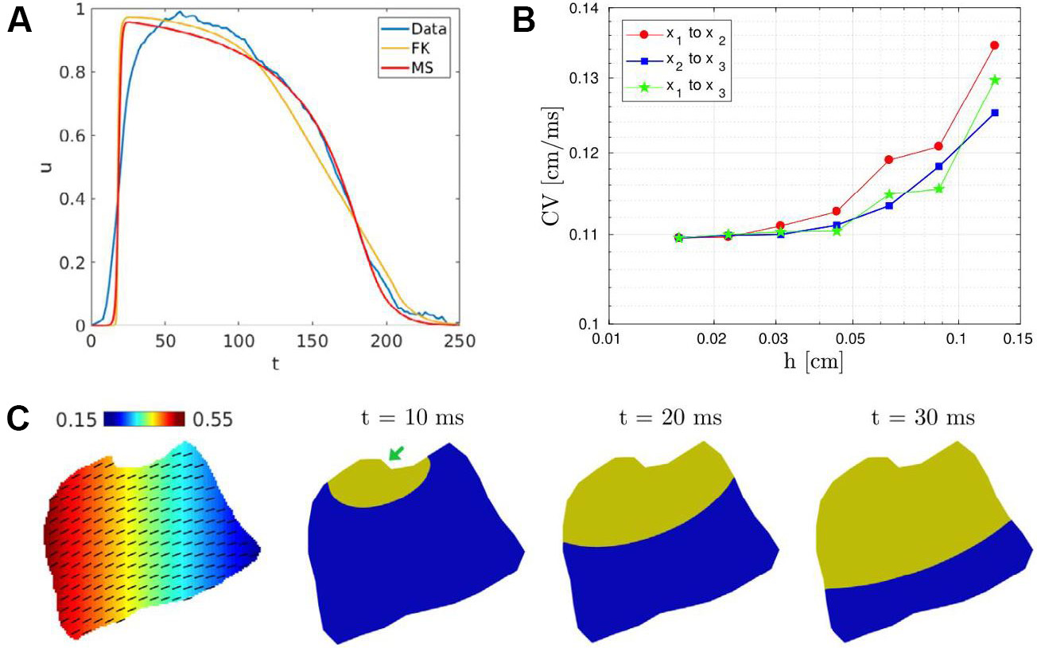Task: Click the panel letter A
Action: click(x=20, y=21)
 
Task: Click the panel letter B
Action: click(x=525, y=21)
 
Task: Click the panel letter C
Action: click(x=20, y=418)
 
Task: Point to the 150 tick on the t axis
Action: click(x=312, y=341)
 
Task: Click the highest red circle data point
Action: click(x=994, y=45)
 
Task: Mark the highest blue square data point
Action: click(x=994, y=113)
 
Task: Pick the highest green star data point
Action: click(x=994, y=80)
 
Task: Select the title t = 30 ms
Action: click(x=917, y=419)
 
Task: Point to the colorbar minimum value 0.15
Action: click(x=76, y=419)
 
